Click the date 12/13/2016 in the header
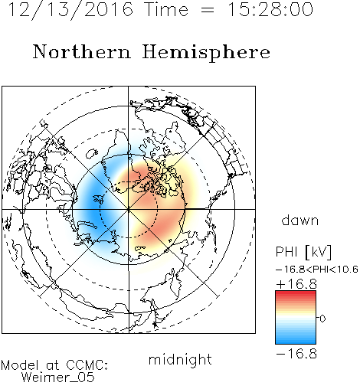[x=70, y=9]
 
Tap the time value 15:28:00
[x=270, y=9]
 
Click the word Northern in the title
[x=82, y=51]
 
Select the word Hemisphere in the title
[x=206, y=53]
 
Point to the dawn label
[x=300, y=220]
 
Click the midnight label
[x=180, y=359]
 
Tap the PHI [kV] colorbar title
[x=303, y=252]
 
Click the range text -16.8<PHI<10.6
[x=317, y=269]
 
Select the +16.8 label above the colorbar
[x=296, y=284]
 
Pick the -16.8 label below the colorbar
[x=296, y=354]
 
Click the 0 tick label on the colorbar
[x=322, y=319]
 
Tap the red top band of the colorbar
[x=296, y=293]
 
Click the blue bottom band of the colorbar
[x=296, y=341]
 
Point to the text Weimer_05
[x=58, y=377]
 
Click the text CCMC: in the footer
[x=87, y=365]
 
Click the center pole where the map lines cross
[x=129, y=209]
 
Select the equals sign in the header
[x=208, y=10]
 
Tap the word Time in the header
[x=166, y=9]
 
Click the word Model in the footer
[x=20, y=365]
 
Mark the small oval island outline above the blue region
[x=92, y=153]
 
